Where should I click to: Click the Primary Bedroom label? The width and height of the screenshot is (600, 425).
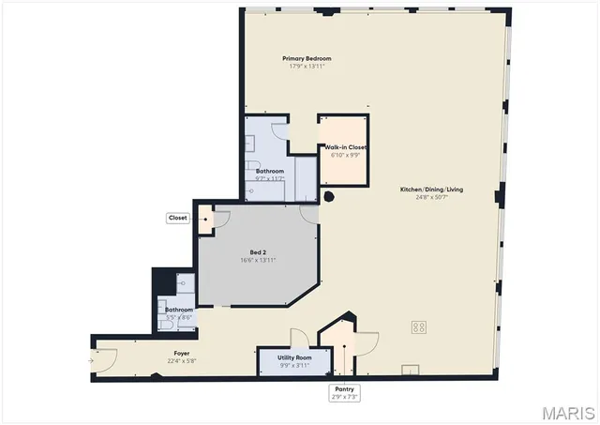(x=307, y=58)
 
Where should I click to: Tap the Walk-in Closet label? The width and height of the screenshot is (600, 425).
(x=345, y=147)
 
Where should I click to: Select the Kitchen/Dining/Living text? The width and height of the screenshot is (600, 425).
(x=431, y=190)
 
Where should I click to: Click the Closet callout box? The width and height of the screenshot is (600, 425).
(x=177, y=218)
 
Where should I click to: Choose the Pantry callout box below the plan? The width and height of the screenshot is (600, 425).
(x=343, y=392)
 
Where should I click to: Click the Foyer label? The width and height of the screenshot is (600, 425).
(x=181, y=354)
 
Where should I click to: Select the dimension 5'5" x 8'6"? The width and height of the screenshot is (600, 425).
(x=179, y=317)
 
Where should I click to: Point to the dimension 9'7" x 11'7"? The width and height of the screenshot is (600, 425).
(x=270, y=178)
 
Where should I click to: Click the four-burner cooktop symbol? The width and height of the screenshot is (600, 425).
(x=419, y=327)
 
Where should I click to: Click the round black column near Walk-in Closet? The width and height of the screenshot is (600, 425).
(x=329, y=197)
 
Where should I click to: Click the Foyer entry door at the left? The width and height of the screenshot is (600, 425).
(x=105, y=358)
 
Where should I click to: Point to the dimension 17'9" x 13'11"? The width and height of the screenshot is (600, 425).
(x=307, y=67)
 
